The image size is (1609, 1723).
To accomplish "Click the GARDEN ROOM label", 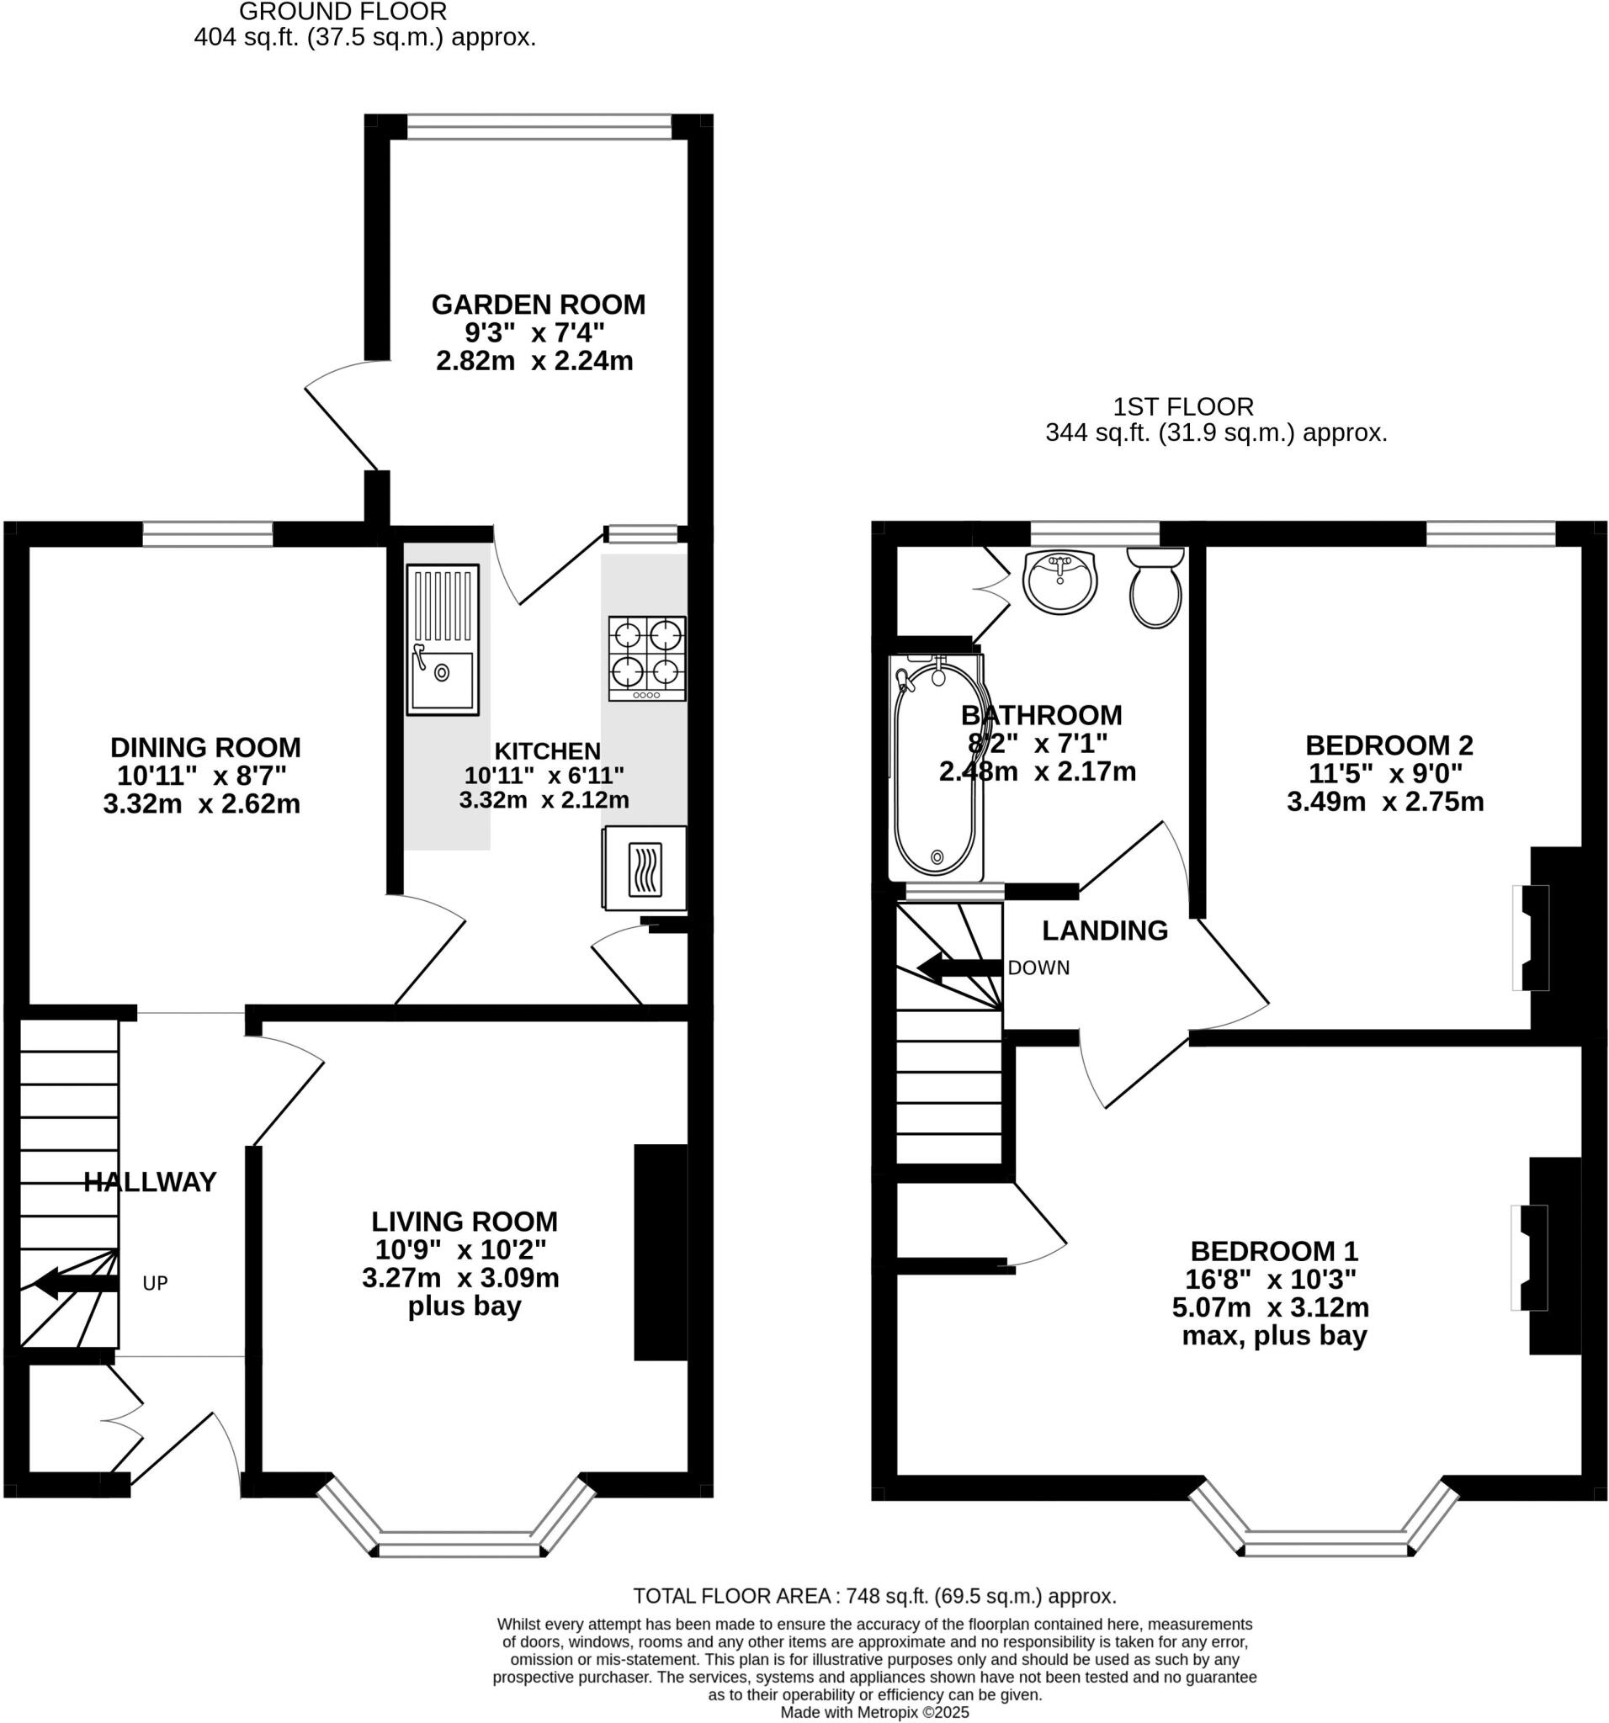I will point(538,305).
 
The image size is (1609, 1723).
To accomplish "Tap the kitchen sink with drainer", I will point(442,639).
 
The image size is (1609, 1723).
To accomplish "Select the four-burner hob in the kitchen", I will point(647,658).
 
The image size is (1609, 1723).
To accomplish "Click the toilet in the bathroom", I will point(1155,587).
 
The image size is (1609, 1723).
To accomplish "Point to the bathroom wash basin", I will point(1059,581).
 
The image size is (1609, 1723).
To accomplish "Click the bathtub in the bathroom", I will point(937,767).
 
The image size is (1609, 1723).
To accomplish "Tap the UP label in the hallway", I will point(155,1284).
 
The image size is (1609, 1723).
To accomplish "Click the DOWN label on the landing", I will point(1038,968).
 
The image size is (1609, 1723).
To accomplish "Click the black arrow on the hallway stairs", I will point(75,1283).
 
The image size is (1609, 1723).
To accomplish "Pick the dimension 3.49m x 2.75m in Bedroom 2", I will point(1384,801).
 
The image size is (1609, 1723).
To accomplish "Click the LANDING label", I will point(1104,930).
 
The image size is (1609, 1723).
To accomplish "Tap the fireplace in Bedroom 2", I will point(1529,937).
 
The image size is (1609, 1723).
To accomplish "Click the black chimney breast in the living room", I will point(661,1253).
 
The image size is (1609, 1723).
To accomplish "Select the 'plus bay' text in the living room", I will point(464,1306).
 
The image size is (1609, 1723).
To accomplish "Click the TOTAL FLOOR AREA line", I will point(874,1596).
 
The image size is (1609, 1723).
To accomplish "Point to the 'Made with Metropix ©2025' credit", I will point(874,1713).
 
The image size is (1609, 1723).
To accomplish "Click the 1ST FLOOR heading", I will point(1182,406).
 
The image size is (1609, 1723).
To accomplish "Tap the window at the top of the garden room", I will point(539,127).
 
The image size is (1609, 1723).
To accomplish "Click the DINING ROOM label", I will point(205,746).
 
